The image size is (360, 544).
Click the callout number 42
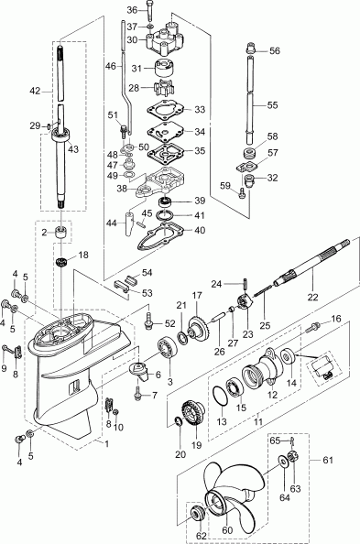35,91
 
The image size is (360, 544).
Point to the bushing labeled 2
61,234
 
